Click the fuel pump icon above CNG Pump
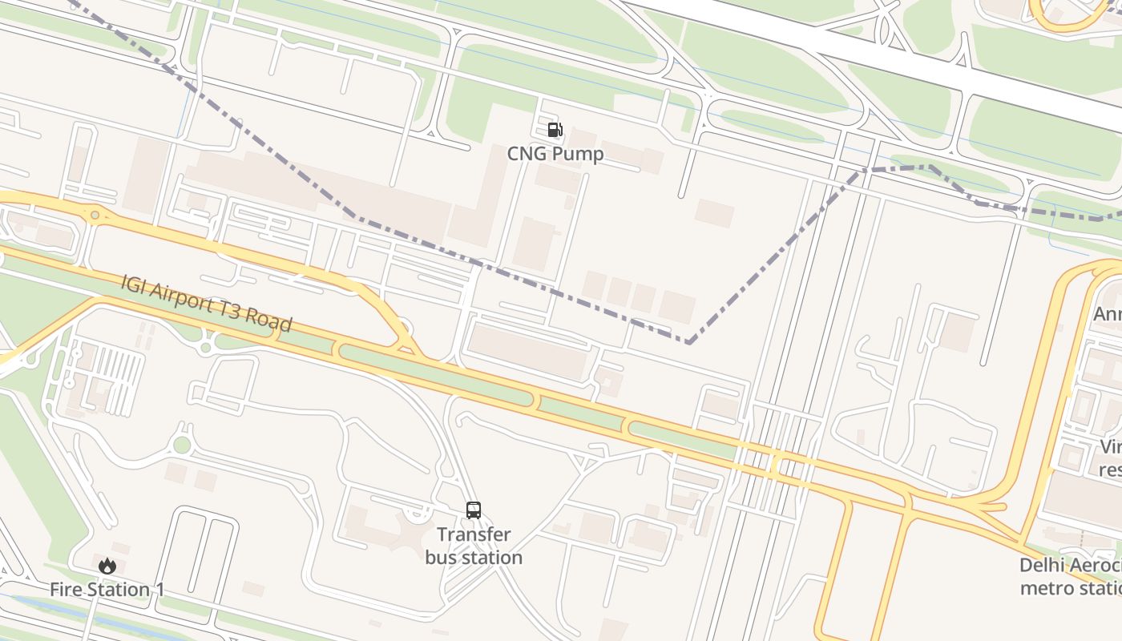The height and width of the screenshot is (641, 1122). (555, 130)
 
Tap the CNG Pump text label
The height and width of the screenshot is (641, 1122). (555, 154)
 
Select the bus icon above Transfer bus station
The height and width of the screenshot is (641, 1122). (474, 510)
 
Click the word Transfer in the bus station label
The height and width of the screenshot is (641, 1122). (474, 534)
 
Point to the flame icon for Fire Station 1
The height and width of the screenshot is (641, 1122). (107, 566)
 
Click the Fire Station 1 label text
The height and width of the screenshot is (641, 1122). (107, 590)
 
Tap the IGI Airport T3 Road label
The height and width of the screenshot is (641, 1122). (206, 304)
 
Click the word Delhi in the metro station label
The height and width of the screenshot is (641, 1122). (1043, 566)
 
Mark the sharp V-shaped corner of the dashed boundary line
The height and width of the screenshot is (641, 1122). (688, 343)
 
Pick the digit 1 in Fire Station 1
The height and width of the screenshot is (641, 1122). (159, 590)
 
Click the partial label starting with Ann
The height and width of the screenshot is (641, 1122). (1107, 314)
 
